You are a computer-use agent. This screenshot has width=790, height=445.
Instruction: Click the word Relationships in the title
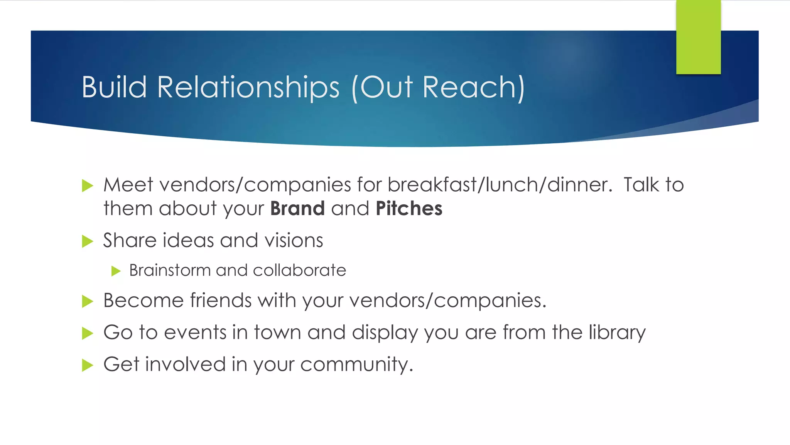click(x=248, y=87)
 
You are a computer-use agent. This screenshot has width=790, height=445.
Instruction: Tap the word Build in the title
click(x=114, y=87)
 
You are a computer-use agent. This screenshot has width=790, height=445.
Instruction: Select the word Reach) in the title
click(x=474, y=87)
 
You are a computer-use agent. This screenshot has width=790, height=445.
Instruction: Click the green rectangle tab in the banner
click(x=698, y=37)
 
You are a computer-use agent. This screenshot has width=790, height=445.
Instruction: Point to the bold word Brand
click(x=297, y=209)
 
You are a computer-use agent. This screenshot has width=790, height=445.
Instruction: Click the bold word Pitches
click(x=409, y=209)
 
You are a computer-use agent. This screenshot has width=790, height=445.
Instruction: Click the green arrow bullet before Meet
click(x=88, y=186)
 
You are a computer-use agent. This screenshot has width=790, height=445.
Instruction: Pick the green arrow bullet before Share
click(x=88, y=241)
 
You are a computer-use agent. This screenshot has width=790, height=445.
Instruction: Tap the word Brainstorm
click(x=170, y=270)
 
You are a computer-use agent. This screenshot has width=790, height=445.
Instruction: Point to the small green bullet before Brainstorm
click(x=116, y=271)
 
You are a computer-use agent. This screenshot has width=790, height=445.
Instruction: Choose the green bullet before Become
click(x=88, y=302)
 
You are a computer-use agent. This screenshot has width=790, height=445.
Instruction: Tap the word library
click(x=617, y=333)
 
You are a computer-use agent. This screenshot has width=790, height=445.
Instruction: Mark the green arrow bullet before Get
click(x=88, y=365)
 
